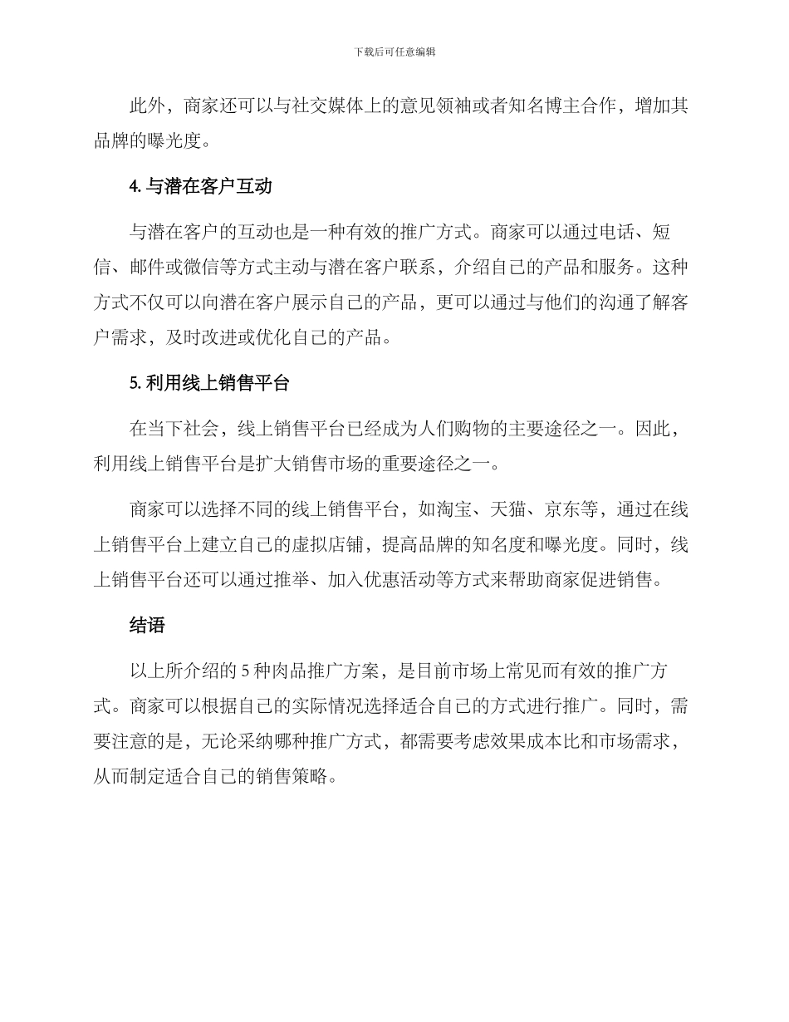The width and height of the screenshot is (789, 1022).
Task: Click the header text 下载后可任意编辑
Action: point(394,52)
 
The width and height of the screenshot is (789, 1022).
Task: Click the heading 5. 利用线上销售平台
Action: point(209,383)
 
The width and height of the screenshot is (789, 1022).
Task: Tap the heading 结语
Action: point(147,626)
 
